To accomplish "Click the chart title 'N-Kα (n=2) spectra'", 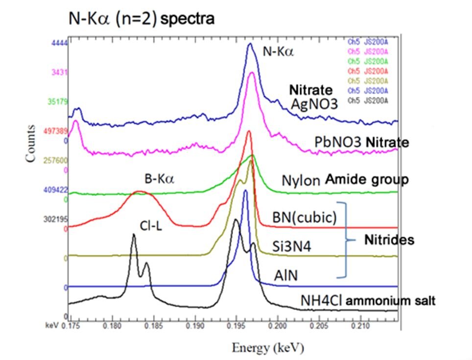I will pyautogui.click(x=141, y=19).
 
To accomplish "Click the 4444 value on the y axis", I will pyautogui.click(x=58, y=43).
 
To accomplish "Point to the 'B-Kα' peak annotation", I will pyautogui.click(x=160, y=179).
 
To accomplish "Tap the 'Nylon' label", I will pyautogui.click(x=300, y=180).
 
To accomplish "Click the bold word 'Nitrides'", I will pyautogui.click(x=390, y=240).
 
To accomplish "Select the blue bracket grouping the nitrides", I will pyautogui.click(x=346, y=239).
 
